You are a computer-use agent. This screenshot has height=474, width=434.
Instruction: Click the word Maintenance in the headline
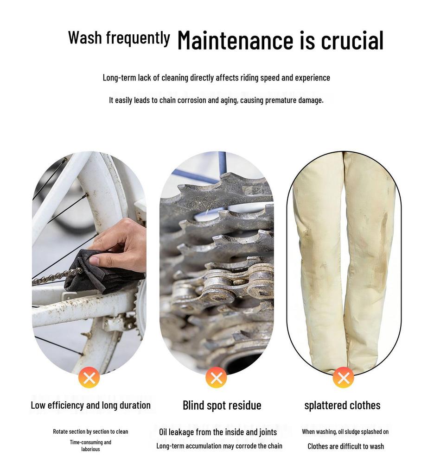pyautogui.click(x=236, y=40)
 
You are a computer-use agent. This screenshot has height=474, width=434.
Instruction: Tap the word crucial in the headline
pyautogui.click(x=352, y=40)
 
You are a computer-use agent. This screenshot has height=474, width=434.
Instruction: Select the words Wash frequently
pyautogui.click(x=119, y=38)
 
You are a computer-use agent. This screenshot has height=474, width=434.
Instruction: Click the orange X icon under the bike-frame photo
pyautogui.click(x=89, y=377)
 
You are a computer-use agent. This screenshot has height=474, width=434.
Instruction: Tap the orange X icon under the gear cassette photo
pyautogui.click(x=216, y=377)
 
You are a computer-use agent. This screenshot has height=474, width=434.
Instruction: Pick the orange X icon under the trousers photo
pyautogui.click(x=344, y=377)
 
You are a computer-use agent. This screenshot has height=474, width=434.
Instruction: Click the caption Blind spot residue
pyautogui.click(x=222, y=405)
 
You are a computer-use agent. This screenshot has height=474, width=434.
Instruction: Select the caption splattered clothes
pyautogui.click(x=342, y=405)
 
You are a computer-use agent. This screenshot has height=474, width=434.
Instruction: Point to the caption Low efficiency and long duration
pyautogui.click(x=90, y=405)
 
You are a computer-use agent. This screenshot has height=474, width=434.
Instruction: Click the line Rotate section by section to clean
pyautogui.click(x=90, y=431)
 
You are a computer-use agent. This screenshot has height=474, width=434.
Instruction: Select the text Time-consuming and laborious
pyautogui.click(x=90, y=446)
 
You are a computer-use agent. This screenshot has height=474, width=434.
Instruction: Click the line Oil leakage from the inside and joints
pyautogui.click(x=218, y=432)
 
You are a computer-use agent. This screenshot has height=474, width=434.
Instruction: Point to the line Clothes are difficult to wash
pyautogui.click(x=345, y=446)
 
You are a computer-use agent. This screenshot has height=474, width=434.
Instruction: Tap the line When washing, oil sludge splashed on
pyautogui.click(x=345, y=432)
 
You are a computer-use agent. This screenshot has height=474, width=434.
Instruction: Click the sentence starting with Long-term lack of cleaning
pyautogui.click(x=216, y=78)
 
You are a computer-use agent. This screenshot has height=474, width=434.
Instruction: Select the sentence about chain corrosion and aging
pyautogui.click(x=216, y=100)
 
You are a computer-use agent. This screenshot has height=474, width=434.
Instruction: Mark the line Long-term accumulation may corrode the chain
pyautogui.click(x=219, y=446)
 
